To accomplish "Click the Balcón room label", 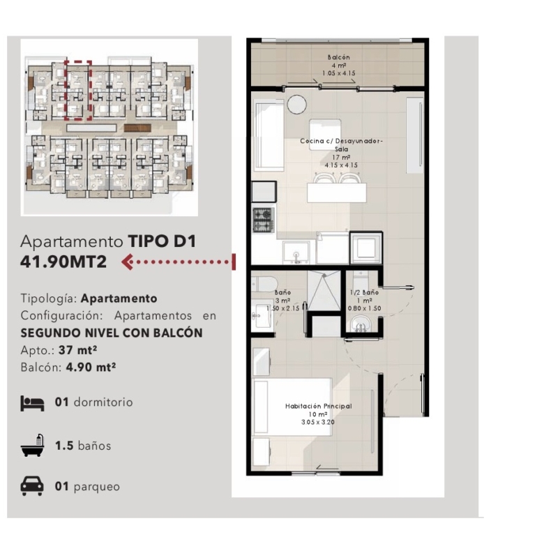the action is (x=338, y=57).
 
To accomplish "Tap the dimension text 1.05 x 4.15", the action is (x=338, y=73).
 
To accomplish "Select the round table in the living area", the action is (x=296, y=105).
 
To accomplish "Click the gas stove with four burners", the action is (x=264, y=220).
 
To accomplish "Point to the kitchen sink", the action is (x=296, y=252).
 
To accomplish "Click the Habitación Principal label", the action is (x=318, y=406).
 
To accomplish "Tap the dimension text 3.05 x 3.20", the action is (x=318, y=422).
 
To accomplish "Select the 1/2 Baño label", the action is (x=364, y=292).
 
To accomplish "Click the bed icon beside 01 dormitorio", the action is (x=32, y=403).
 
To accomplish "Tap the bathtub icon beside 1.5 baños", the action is (x=32, y=445).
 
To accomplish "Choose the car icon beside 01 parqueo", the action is (x=32, y=485).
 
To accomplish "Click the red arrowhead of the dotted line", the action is (x=128, y=262).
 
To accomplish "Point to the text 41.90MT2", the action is (x=63, y=262).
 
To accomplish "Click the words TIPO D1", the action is (x=162, y=241).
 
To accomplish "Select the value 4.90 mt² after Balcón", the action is (x=91, y=367).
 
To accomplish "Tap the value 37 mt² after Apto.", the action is (x=77, y=350).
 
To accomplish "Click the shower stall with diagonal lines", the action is (x=324, y=291).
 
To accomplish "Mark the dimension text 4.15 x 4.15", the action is (x=341, y=165).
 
